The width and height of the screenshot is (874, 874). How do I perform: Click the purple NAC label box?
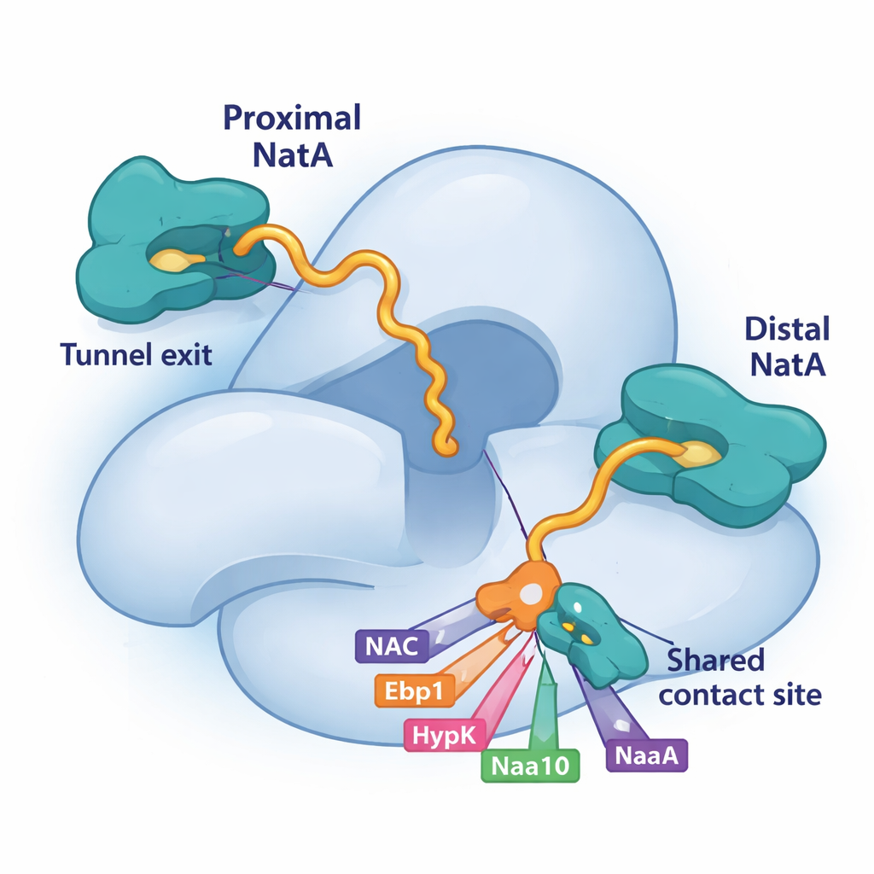pyautogui.click(x=392, y=646)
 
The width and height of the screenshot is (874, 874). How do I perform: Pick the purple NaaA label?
pyautogui.click(x=646, y=755)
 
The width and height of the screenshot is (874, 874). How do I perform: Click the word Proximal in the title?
pyautogui.click(x=292, y=118)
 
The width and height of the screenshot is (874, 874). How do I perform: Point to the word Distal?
pyautogui.click(x=786, y=329)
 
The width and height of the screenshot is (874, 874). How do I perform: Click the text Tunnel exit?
pyautogui.click(x=136, y=353)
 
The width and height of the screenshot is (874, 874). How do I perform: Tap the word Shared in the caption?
pyautogui.click(x=715, y=660)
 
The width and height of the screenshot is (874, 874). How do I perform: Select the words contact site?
pyautogui.click(x=741, y=694)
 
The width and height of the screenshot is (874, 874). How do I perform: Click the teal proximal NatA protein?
pyautogui.click(x=128, y=213)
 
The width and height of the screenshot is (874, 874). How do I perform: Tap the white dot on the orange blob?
pyautogui.click(x=532, y=591)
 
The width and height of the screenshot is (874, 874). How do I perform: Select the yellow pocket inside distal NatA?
pyautogui.click(x=698, y=454)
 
